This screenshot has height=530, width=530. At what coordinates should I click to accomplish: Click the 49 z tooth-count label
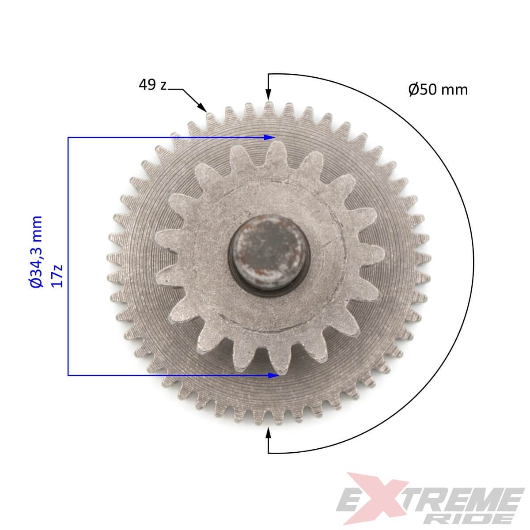(153, 85)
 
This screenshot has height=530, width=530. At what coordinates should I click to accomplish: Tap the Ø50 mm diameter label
(438, 90)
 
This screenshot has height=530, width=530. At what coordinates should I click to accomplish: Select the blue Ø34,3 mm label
(36, 252)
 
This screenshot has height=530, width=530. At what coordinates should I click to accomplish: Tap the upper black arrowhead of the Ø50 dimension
(269, 95)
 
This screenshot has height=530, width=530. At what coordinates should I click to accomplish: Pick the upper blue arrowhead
(269, 137)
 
